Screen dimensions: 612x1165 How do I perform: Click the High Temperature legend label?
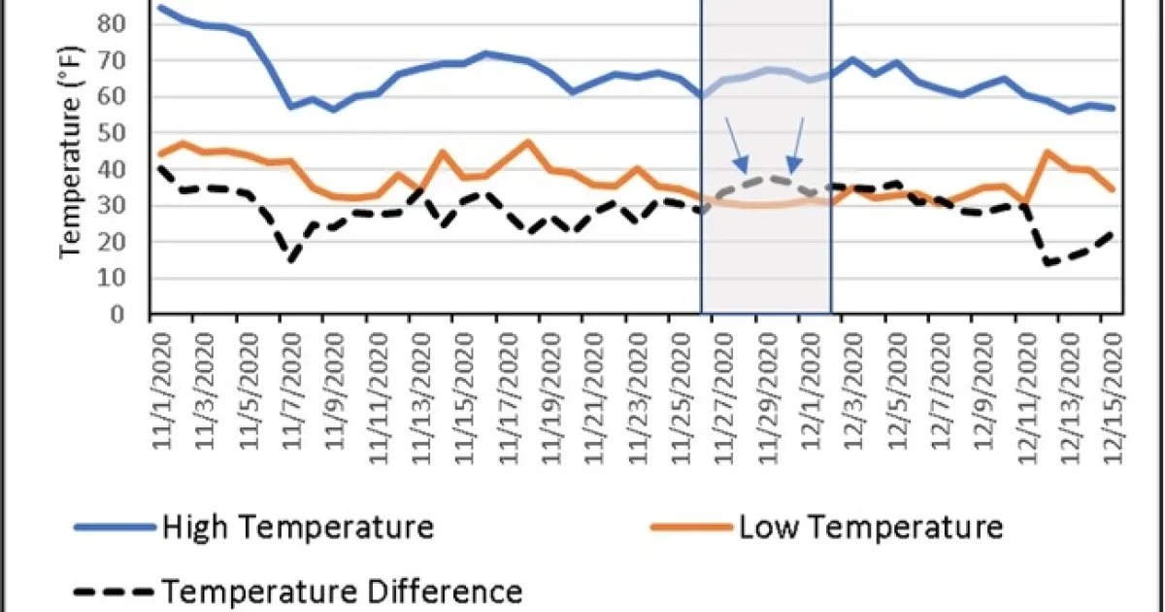point(297,527)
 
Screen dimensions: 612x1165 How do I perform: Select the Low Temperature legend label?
point(870,527)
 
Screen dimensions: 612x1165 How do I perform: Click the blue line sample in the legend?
point(115,527)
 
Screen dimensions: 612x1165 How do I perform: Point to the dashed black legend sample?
point(115,591)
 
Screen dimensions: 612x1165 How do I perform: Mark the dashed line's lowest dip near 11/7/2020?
point(289,260)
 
